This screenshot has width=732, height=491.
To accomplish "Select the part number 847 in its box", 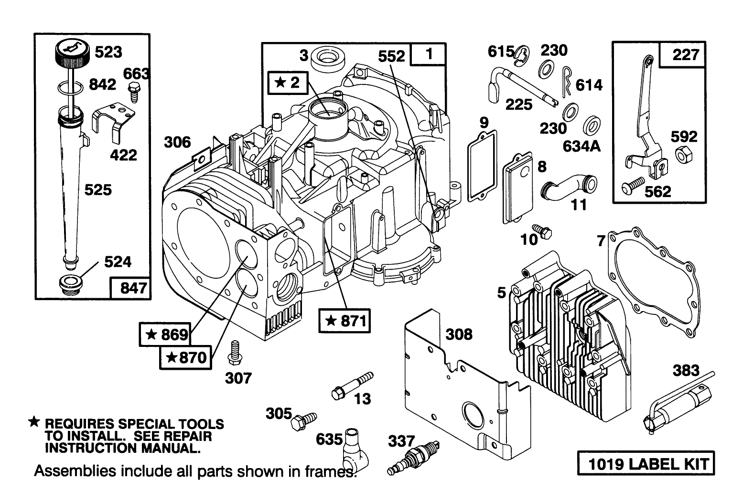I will (x=130, y=289).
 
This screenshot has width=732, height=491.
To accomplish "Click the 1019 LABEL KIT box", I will (x=646, y=463).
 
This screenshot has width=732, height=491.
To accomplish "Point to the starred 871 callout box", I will (x=345, y=321).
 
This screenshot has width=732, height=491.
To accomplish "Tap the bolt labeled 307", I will (x=235, y=353).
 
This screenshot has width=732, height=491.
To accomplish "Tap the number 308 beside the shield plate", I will (x=459, y=334).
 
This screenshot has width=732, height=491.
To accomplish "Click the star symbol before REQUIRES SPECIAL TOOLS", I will (x=33, y=421).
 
